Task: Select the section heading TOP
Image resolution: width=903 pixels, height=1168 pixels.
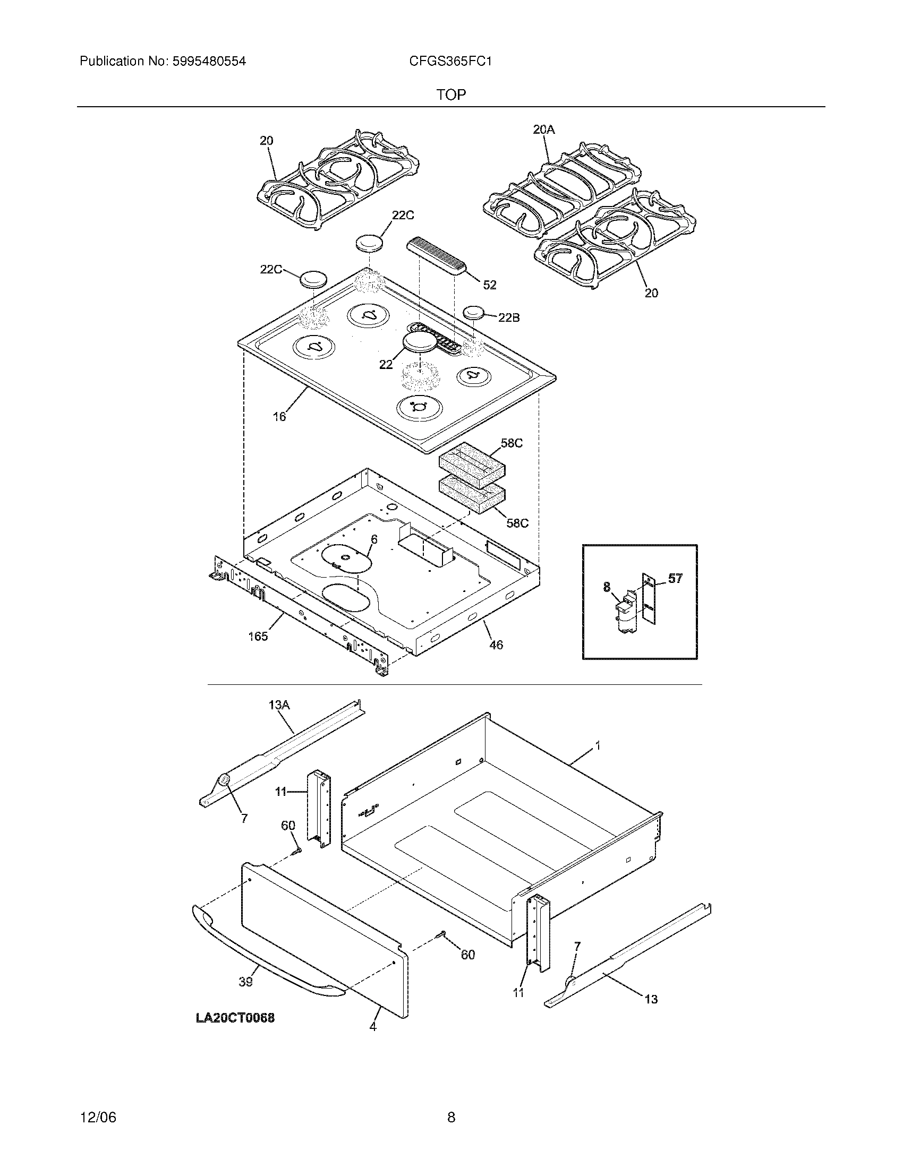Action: tap(451, 95)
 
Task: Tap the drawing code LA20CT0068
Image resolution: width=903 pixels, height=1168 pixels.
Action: tap(235, 1018)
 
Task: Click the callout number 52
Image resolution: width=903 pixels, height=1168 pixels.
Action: tap(490, 285)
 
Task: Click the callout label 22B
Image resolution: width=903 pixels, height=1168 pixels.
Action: tap(508, 317)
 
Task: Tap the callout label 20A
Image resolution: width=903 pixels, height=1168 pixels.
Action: tap(544, 129)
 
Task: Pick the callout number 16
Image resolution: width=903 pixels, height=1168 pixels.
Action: tap(279, 417)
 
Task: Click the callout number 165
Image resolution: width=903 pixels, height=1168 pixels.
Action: tap(258, 637)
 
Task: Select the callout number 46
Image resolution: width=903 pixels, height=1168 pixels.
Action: tap(496, 645)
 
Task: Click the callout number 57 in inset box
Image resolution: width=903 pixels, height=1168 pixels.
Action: tap(675, 578)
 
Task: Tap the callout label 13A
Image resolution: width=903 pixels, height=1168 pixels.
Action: tap(279, 706)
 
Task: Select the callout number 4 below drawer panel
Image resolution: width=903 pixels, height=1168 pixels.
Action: tap(373, 1027)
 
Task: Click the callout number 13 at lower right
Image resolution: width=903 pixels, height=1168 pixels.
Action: tap(651, 999)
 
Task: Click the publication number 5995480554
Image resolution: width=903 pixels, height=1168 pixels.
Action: tap(209, 62)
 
